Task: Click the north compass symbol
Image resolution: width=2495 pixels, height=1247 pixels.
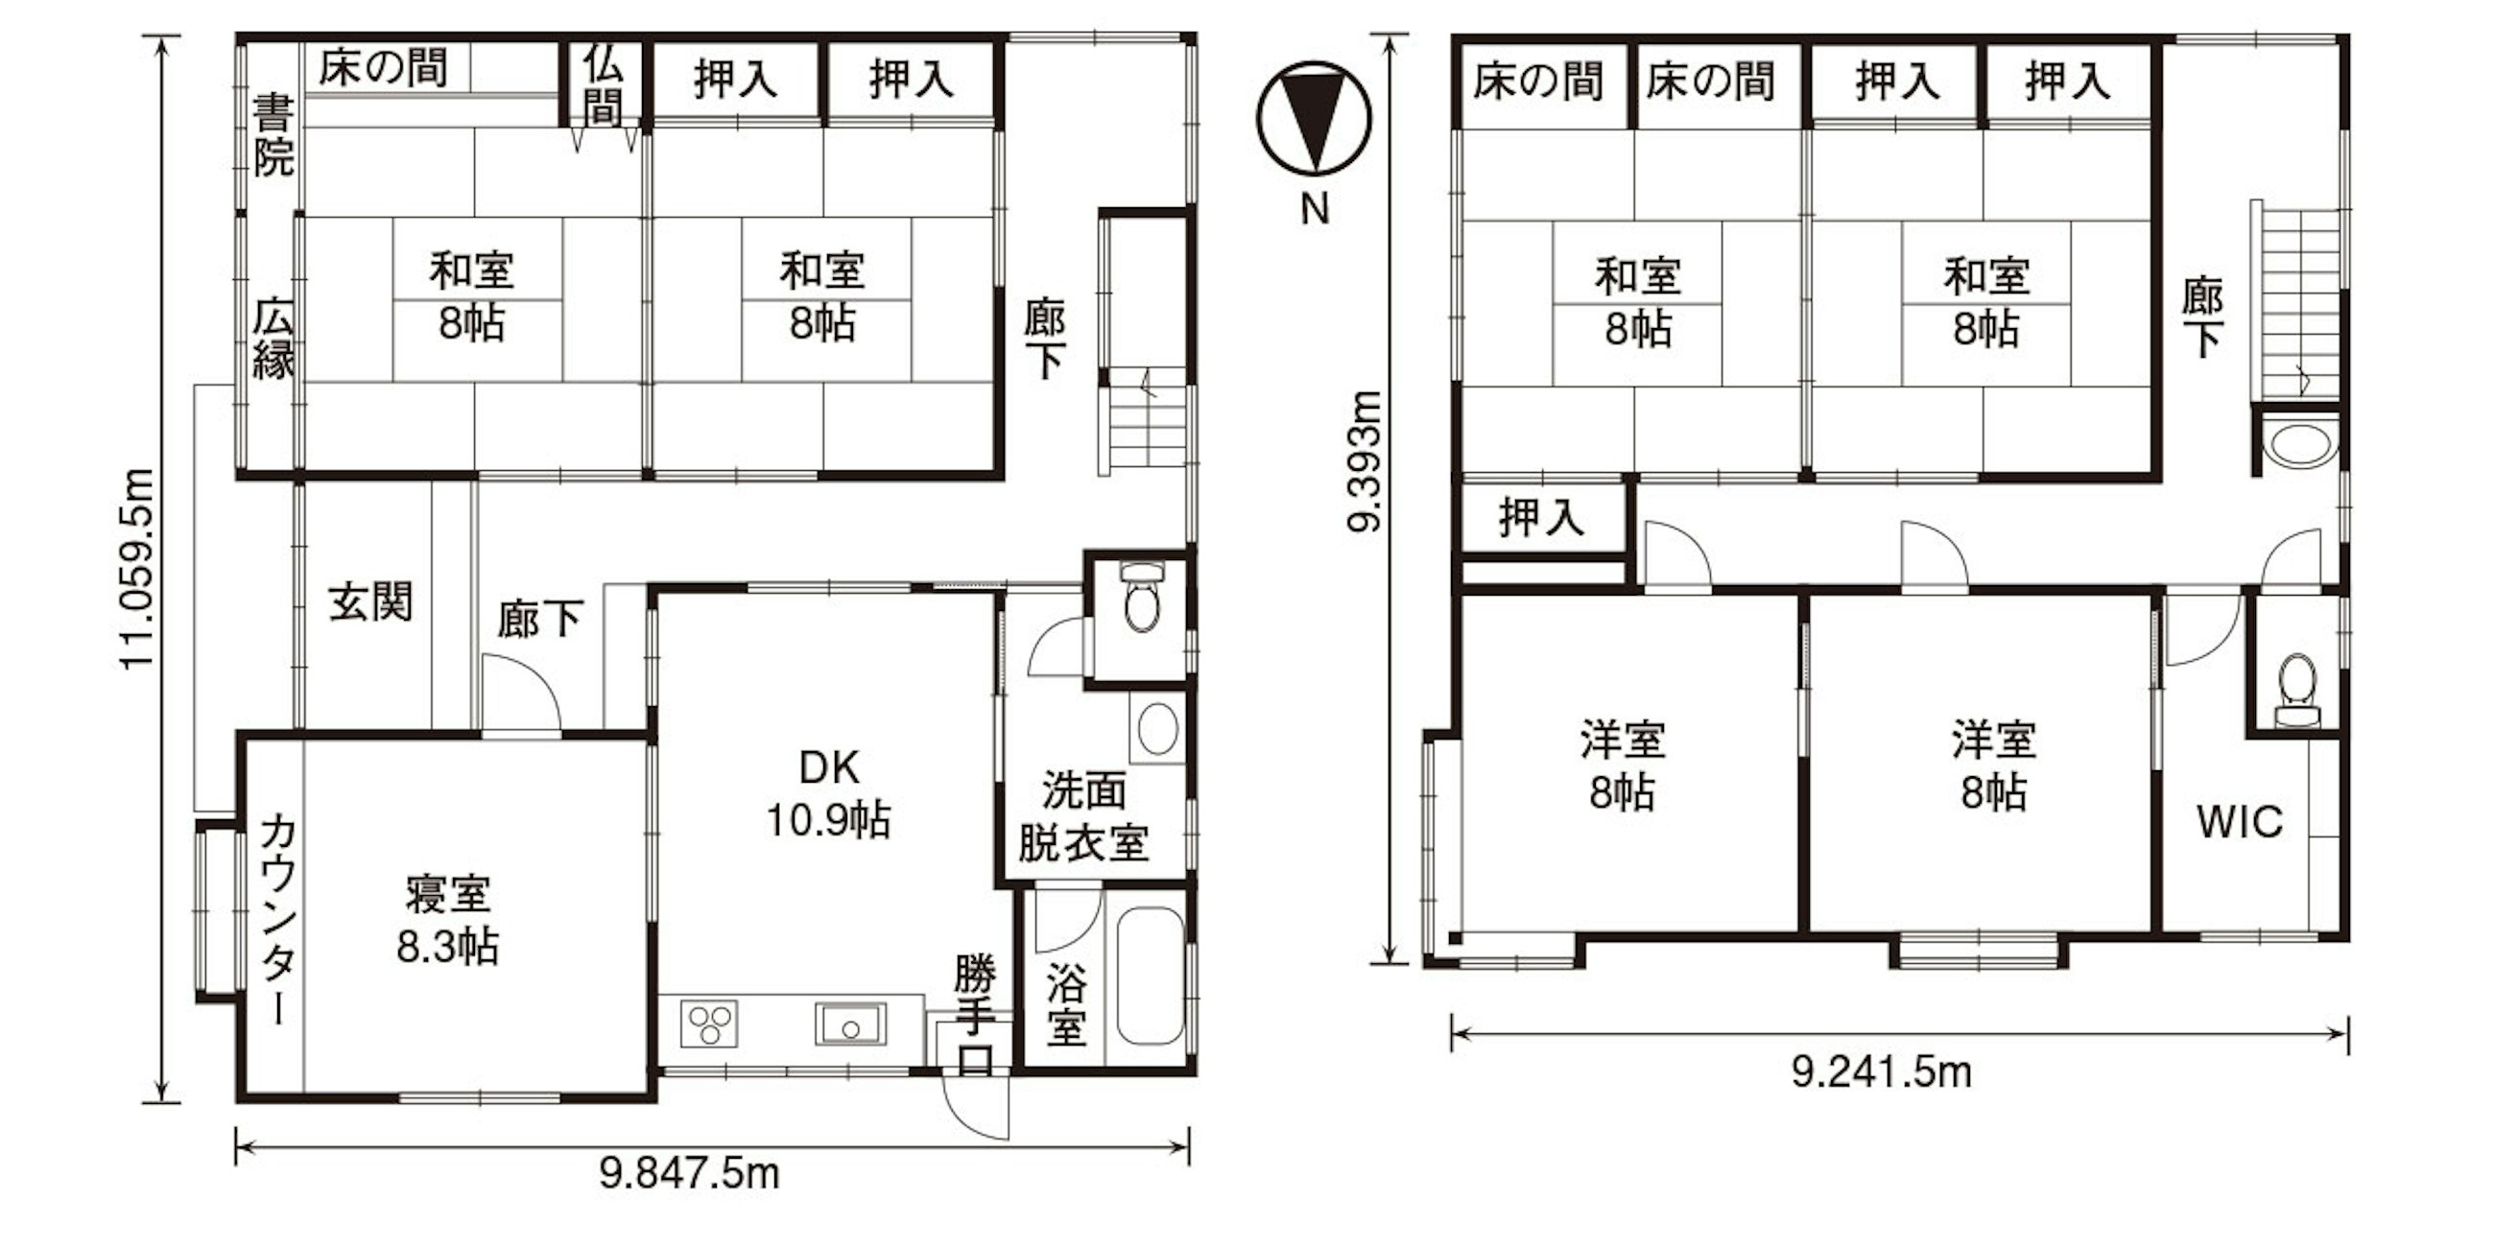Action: (1314, 118)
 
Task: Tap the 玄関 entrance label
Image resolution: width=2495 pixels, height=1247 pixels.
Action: (371, 602)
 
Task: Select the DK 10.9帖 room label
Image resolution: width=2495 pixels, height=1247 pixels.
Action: (829, 794)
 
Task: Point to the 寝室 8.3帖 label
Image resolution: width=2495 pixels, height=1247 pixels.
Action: (447, 920)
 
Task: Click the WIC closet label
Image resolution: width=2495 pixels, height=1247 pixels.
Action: (2240, 822)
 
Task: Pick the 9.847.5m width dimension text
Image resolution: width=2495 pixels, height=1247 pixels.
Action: (689, 1174)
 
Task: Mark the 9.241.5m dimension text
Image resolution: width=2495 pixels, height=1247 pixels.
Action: (1881, 1072)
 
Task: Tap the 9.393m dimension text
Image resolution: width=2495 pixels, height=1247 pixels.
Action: (1366, 460)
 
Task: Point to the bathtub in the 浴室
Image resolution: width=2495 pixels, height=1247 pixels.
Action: (1150, 975)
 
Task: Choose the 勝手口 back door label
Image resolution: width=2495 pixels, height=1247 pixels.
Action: (974, 1014)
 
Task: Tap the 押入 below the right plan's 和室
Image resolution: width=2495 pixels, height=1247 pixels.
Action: (1541, 517)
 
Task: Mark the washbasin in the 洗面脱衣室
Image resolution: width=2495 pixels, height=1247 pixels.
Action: (1157, 729)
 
